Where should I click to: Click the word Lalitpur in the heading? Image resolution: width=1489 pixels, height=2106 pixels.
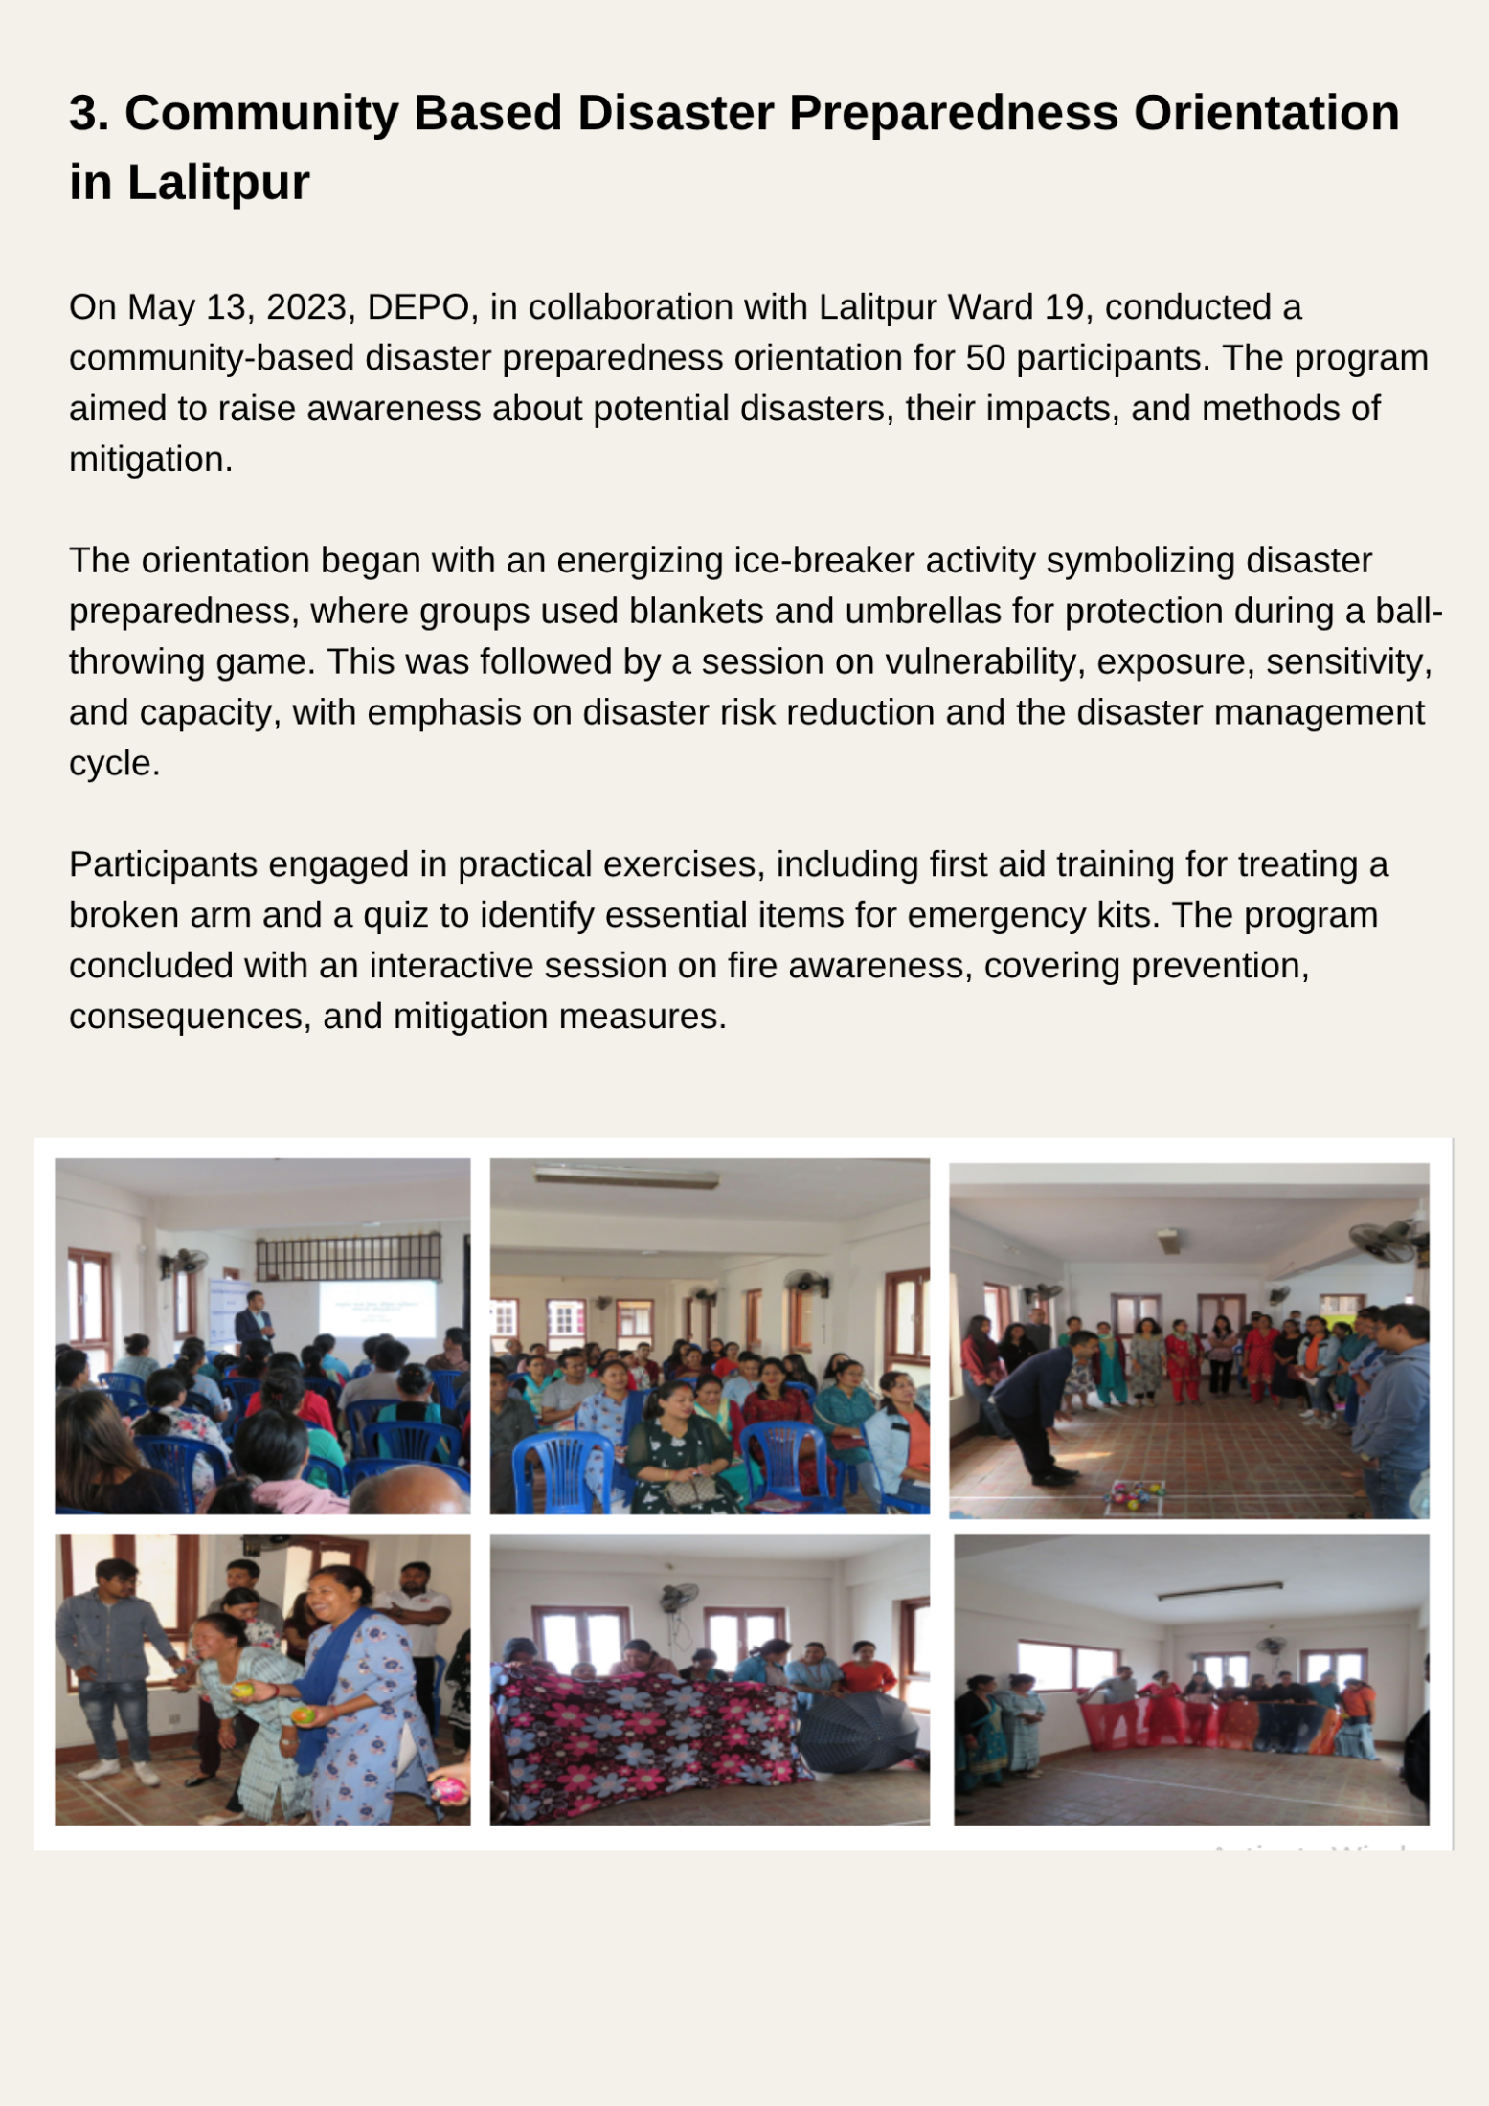218,183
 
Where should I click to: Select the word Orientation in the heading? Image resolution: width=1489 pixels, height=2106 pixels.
1266,114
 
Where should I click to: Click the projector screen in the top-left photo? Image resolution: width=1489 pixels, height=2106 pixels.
376,1308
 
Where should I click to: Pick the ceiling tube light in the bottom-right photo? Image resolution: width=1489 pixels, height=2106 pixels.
1218,1592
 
